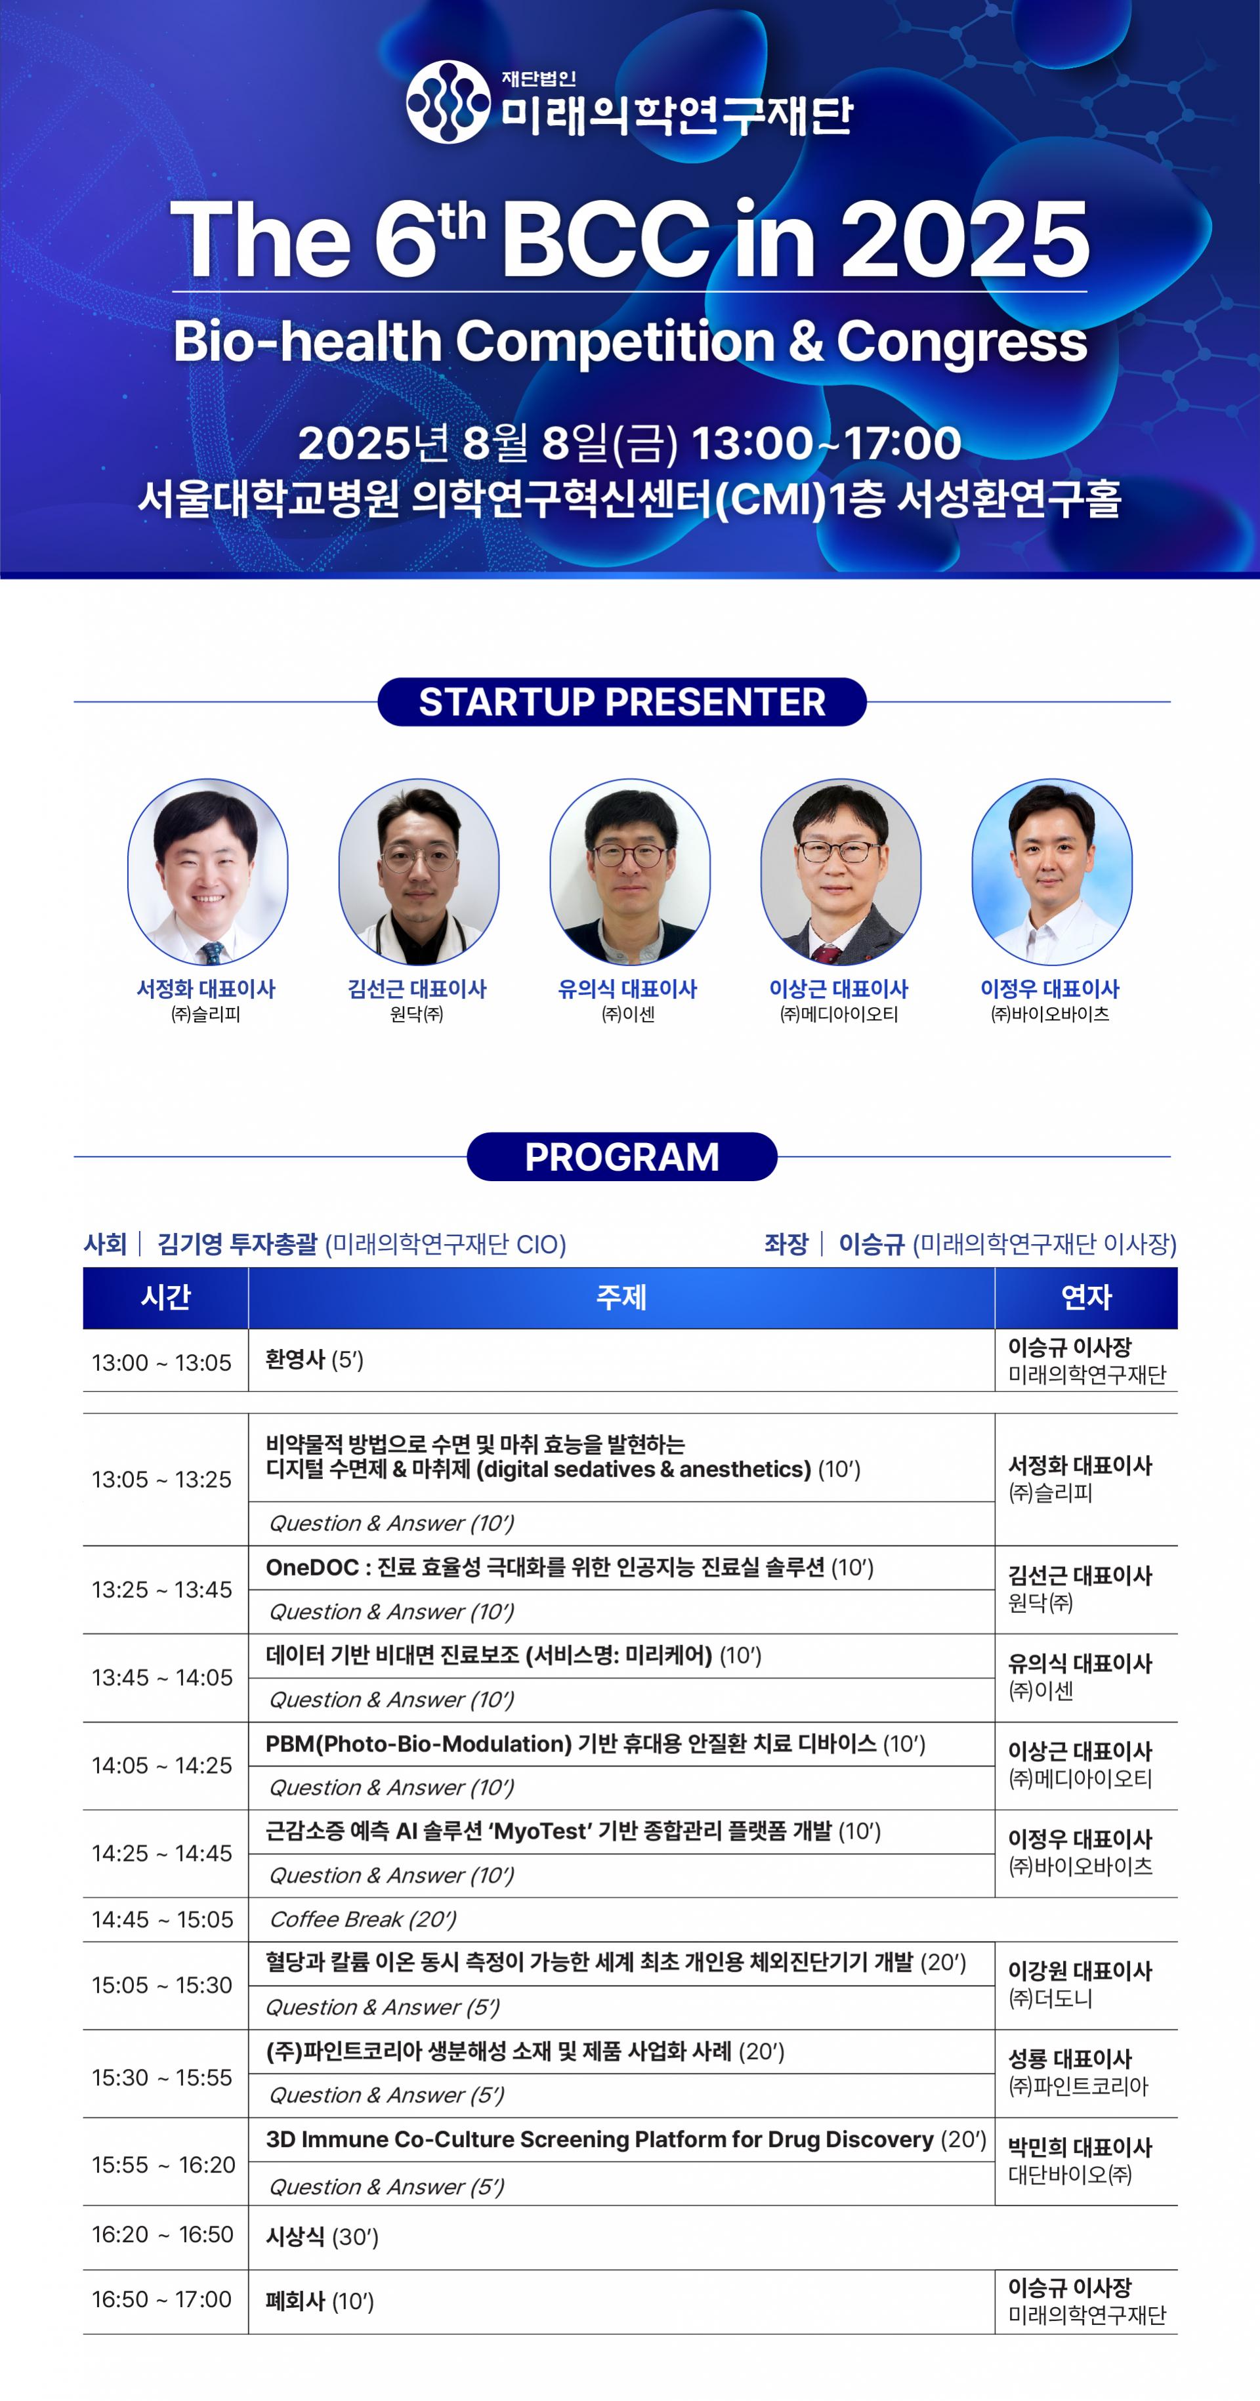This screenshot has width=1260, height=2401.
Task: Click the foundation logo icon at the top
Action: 448,102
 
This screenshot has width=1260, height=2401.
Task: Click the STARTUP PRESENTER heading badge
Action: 621,702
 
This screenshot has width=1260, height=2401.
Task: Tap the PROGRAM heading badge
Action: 621,1157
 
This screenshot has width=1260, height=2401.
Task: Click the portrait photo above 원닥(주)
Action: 419,871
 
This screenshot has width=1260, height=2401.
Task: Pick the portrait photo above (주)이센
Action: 630,871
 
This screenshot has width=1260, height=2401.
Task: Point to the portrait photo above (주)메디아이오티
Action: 841,871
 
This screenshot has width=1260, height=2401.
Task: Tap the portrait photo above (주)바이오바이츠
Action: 1052,871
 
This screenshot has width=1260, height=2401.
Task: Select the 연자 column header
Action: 1087,1297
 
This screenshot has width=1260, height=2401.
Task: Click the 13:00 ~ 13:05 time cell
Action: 161,1363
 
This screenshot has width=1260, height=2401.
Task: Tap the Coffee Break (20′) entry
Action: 362,1919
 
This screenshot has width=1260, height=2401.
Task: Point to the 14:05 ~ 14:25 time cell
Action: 161,1765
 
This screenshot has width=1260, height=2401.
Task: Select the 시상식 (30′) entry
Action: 322,2237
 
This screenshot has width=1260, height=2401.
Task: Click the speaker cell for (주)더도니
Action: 1080,1985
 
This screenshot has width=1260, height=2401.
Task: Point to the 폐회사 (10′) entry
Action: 320,2301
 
